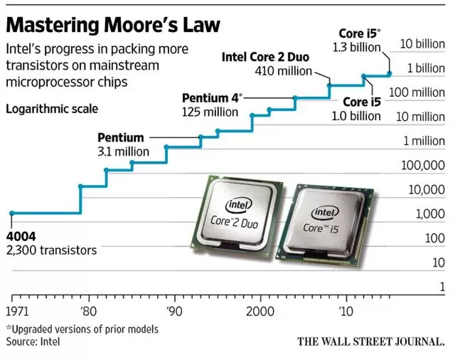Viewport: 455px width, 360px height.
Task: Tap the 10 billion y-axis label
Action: [422, 44]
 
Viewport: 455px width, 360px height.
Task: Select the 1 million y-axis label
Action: [424, 141]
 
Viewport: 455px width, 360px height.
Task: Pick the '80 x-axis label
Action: [88, 311]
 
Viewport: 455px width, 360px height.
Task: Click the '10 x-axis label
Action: [346, 311]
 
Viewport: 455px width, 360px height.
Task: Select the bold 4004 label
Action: [21, 236]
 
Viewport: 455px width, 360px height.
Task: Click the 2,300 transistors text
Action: [51, 250]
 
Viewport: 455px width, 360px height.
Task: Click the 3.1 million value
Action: [123, 152]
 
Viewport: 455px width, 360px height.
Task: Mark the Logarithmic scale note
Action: [52, 110]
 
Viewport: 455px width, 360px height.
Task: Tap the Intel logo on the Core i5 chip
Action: [325, 211]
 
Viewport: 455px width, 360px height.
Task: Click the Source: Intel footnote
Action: [33, 342]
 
